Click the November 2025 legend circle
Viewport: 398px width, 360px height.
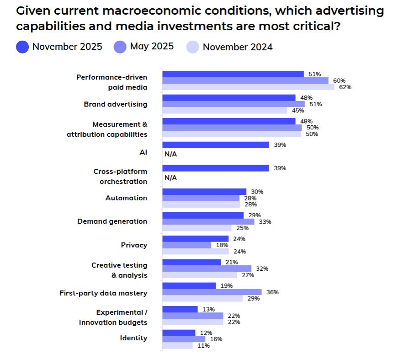(x=22, y=47)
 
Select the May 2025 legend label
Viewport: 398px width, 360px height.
(x=152, y=46)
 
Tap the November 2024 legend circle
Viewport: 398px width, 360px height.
(x=193, y=47)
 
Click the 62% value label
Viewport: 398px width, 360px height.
(x=345, y=87)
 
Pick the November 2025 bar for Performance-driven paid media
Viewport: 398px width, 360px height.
(x=233, y=74)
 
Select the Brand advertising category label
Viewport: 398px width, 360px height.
(x=116, y=104)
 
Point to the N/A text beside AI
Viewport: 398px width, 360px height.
(x=170, y=154)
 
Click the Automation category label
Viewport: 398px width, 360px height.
(x=126, y=198)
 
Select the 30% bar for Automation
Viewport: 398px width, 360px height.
(x=204, y=192)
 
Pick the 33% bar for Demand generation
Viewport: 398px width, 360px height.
(x=208, y=221)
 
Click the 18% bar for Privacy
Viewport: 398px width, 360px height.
(x=187, y=245)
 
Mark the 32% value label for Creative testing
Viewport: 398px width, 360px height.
(x=262, y=269)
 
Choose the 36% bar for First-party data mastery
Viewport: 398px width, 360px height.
(x=212, y=292)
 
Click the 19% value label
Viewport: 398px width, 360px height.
(x=227, y=285)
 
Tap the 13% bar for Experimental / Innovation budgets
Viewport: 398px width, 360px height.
(x=180, y=309)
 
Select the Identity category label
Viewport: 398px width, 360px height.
(x=133, y=338)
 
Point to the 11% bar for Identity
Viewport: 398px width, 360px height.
(x=178, y=345)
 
